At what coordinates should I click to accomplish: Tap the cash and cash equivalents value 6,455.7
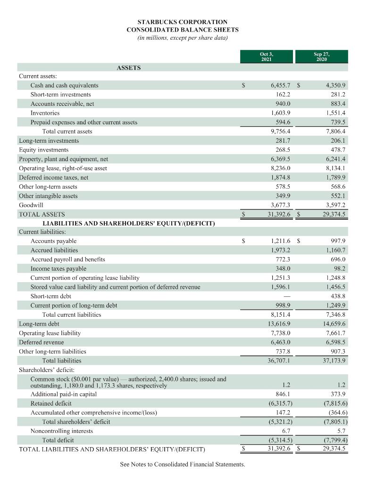[280, 86]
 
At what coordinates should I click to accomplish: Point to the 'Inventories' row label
[45, 113]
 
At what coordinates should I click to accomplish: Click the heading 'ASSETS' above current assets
[128, 68]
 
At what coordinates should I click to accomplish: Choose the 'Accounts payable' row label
[53, 241]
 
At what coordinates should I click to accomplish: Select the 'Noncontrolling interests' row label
[61, 431]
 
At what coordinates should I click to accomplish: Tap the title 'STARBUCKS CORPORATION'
[183, 22]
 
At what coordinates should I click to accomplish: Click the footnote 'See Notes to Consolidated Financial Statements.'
[183, 465]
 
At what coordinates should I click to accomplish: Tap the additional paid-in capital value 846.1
[283, 394]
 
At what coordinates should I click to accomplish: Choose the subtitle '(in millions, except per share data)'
[183, 38]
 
